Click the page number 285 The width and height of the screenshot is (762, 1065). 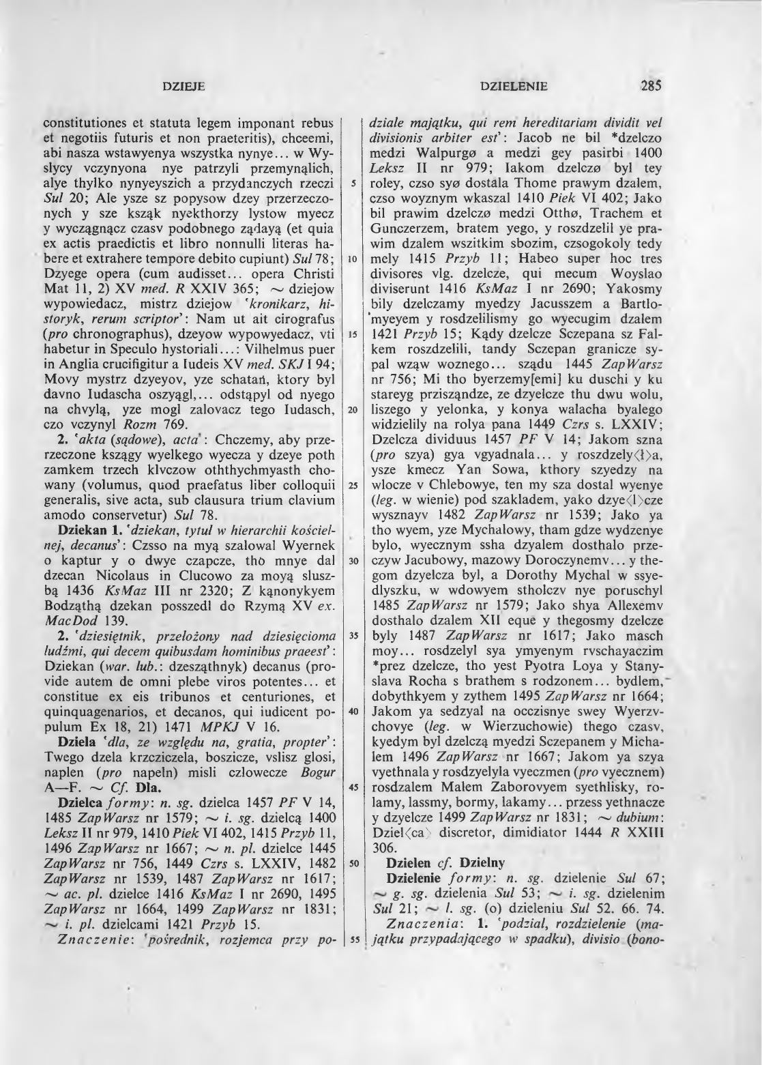pyautogui.click(x=651, y=87)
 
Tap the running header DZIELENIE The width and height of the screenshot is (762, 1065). pyautogui.click(x=514, y=87)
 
